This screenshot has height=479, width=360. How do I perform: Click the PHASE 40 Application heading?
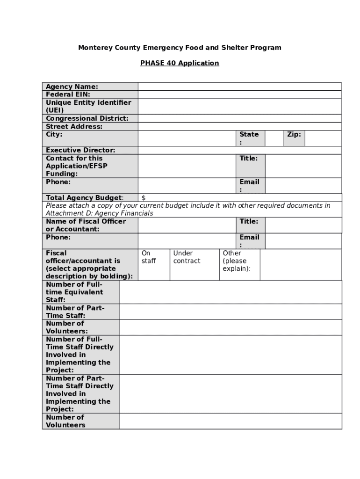tap(180, 63)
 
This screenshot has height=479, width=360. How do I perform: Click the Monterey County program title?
tap(180, 48)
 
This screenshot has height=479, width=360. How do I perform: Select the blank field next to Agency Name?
tap(239, 87)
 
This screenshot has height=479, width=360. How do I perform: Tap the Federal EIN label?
tap(68, 94)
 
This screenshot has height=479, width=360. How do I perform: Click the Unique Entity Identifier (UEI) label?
tap(88, 106)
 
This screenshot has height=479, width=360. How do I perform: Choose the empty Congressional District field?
tap(239, 118)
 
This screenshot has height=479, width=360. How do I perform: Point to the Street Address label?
tap(74, 126)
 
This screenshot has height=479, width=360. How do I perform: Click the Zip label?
tap(294, 135)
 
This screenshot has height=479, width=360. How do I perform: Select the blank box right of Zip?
tap(323, 138)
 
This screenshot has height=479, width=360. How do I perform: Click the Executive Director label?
tap(80, 150)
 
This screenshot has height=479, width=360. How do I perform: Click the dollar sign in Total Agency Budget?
tap(144, 198)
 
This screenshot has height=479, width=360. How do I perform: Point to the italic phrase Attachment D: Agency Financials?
tap(99, 213)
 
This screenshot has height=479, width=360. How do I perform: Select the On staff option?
tap(149, 257)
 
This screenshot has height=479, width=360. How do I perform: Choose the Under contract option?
tap(187, 257)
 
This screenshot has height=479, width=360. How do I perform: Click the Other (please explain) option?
tap(237, 261)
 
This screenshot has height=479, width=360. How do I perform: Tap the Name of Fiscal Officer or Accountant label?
tap(86, 225)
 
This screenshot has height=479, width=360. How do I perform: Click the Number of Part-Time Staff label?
tap(75, 312)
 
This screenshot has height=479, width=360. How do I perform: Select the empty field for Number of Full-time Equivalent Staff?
tap(230, 292)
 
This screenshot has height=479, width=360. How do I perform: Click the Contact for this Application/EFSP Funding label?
tap(77, 166)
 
